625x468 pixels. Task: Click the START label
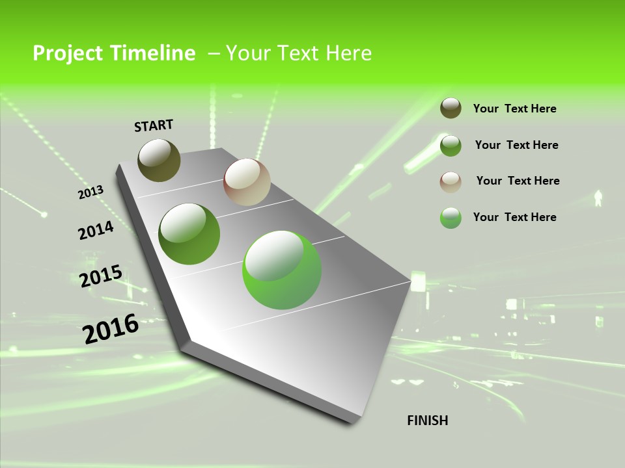154,125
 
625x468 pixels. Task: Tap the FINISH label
427,421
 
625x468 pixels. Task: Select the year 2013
90,192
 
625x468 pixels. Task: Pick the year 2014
96,230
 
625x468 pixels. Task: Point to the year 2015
100,276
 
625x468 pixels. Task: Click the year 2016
111,329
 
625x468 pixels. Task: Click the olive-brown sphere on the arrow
159,160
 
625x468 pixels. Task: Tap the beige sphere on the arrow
247,182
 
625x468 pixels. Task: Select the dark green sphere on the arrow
189,234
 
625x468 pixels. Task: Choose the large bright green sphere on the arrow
282,270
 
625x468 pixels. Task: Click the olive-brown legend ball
451,108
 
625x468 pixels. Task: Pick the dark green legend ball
451,146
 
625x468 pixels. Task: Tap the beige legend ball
451,181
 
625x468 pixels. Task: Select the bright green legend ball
451,218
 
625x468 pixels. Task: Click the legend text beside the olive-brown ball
514,109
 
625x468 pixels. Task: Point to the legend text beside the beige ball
518,181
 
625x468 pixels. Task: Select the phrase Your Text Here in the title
299,53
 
